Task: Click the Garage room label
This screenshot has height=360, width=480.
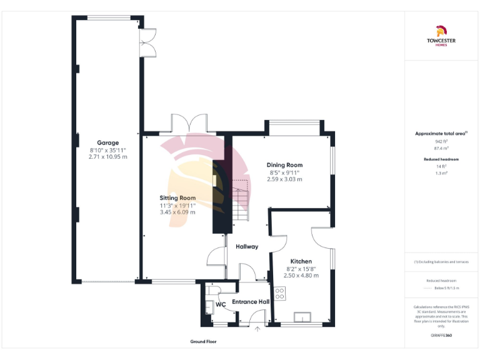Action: pyautogui.click(x=107, y=142)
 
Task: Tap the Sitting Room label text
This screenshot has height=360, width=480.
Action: pyautogui.click(x=177, y=197)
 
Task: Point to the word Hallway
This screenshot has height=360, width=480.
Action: pyautogui.click(x=247, y=246)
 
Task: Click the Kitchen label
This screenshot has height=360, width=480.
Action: pyautogui.click(x=301, y=261)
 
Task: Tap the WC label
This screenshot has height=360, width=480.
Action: pyautogui.click(x=220, y=304)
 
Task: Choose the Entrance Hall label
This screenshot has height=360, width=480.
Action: pyautogui.click(x=250, y=302)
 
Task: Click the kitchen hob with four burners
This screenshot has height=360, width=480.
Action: pyautogui.click(x=279, y=292)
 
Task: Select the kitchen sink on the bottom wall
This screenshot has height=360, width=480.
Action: pyautogui.click(x=306, y=317)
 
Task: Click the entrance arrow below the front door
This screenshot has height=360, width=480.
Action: pyautogui.click(x=257, y=331)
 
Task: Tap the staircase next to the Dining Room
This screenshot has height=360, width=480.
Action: pyautogui.click(x=241, y=200)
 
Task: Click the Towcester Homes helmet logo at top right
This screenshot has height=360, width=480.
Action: pyautogui.click(x=441, y=31)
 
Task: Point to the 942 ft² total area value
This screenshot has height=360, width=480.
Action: pyautogui.click(x=441, y=141)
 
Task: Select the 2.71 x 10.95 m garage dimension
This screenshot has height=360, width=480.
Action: pyautogui.click(x=107, y=157)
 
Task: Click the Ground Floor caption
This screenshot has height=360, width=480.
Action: pyautogui.click(x=204, y=342)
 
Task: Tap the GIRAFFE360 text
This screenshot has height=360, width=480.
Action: pyautogui.click(x=441, y=336)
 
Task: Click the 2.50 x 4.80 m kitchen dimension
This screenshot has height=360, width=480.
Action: pyautogui.click(x=301, y=275)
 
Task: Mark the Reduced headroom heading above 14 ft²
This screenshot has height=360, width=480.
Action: pyautogui.click(x=441, y=159)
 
